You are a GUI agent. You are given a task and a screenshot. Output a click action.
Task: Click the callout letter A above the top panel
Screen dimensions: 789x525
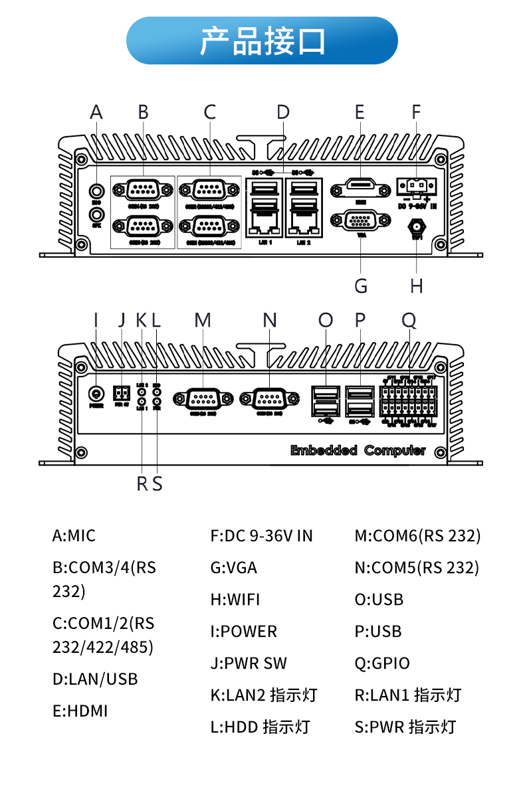[x=96, y=112]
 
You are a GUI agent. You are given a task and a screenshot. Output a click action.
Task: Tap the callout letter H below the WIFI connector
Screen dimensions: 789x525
[x=417, y=286]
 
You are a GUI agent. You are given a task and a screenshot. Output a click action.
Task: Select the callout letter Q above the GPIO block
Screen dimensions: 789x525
[x=409, y=321]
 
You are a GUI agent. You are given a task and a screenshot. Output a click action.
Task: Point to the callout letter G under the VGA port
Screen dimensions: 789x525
[x=361, y=286]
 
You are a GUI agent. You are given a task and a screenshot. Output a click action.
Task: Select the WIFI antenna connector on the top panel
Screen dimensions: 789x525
[x=417, y=228]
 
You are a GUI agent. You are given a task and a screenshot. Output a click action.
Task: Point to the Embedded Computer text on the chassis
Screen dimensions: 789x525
[x=358, y=450]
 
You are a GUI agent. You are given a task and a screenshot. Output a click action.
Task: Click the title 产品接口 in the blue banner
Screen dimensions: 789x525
[x=262, y=41]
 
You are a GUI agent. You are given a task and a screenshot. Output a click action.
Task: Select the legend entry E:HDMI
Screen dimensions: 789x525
[x=80, y=711]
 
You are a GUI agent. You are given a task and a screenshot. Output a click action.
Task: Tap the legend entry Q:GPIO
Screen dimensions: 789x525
[x=382, y=663]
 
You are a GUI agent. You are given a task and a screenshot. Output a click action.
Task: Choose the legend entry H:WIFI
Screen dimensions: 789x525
[x=235, y=599]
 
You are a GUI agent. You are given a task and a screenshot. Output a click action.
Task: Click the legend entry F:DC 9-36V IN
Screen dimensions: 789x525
[x=261, y=535]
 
